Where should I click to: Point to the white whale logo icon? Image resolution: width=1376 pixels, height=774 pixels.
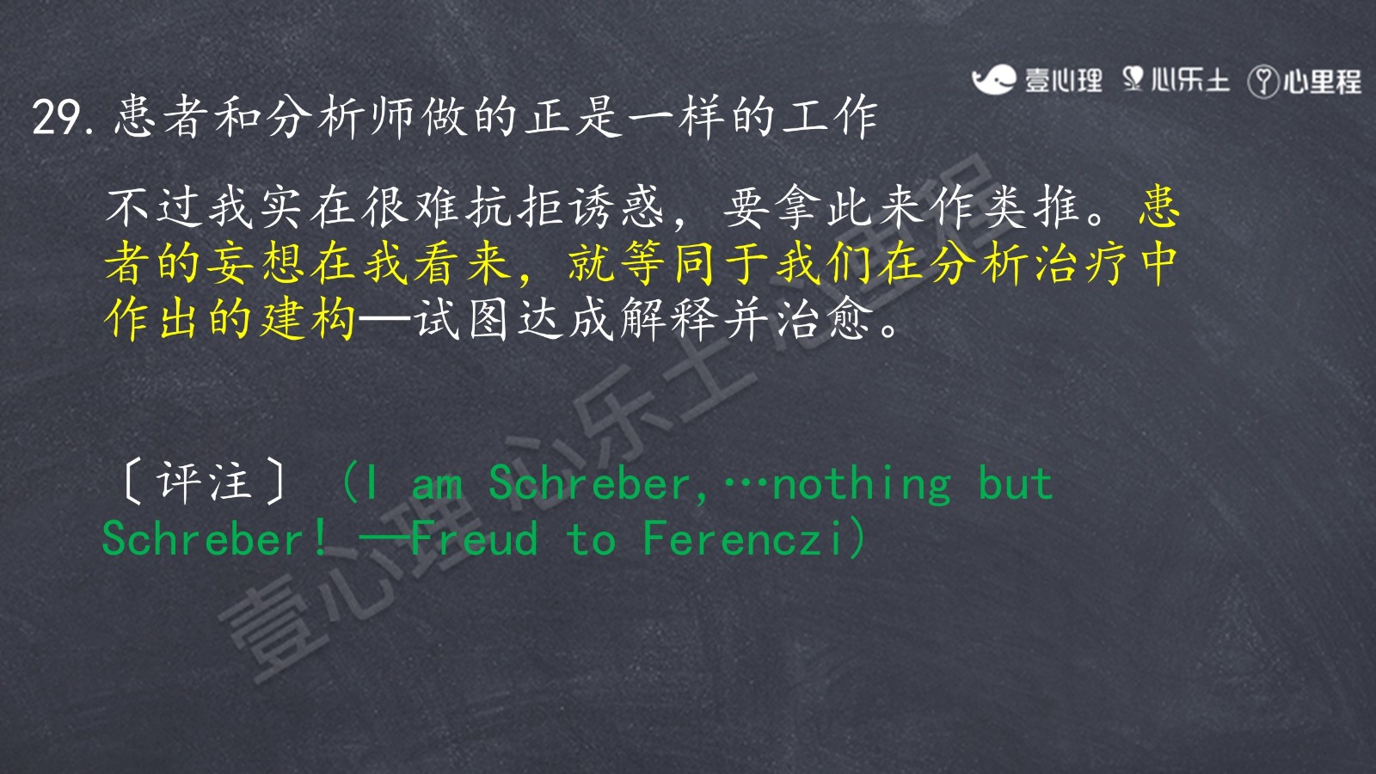[x=993, y=80]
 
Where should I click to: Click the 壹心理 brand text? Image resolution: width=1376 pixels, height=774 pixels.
[x=1063, y=81]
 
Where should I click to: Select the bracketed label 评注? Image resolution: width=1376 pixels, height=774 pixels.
[x=205, y=482]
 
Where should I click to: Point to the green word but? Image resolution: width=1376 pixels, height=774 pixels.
[x=1016, y=482]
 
